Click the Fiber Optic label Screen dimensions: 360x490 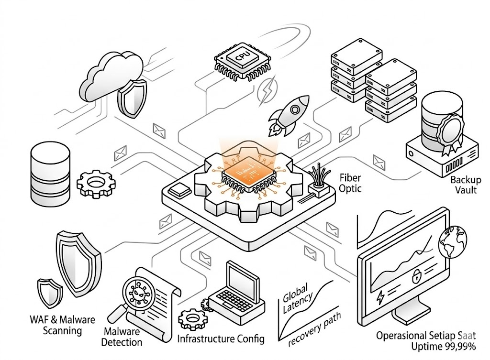click(x=350, y=182)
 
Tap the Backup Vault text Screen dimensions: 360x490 click(x=464, y=185)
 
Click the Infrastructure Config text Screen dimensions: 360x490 click(x=221, y=339)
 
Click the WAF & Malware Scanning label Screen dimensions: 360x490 click(x=63, y=325)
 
